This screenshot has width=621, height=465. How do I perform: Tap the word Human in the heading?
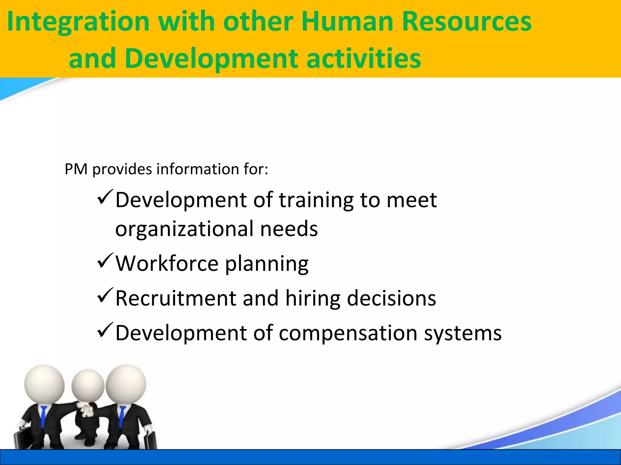tap(347, 22)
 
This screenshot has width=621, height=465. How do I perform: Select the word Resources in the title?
tap(467, 22)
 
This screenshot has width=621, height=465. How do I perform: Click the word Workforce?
tap(167, 263)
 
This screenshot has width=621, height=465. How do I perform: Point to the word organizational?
tap(184, 229)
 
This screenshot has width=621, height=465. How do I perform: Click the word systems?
tap(462, 333)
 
